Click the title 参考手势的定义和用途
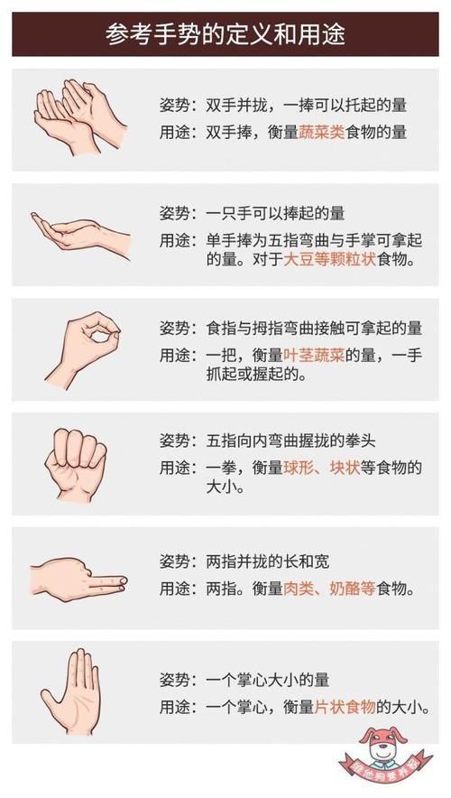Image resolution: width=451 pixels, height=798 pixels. tap(225, 34)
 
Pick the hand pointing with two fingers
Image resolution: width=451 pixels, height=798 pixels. tap(77, 578)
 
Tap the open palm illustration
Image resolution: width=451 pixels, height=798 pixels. tap(72, 691)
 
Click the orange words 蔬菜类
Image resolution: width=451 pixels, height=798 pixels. tap(324, 132)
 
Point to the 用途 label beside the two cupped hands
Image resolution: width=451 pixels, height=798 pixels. tap(173, 132)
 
